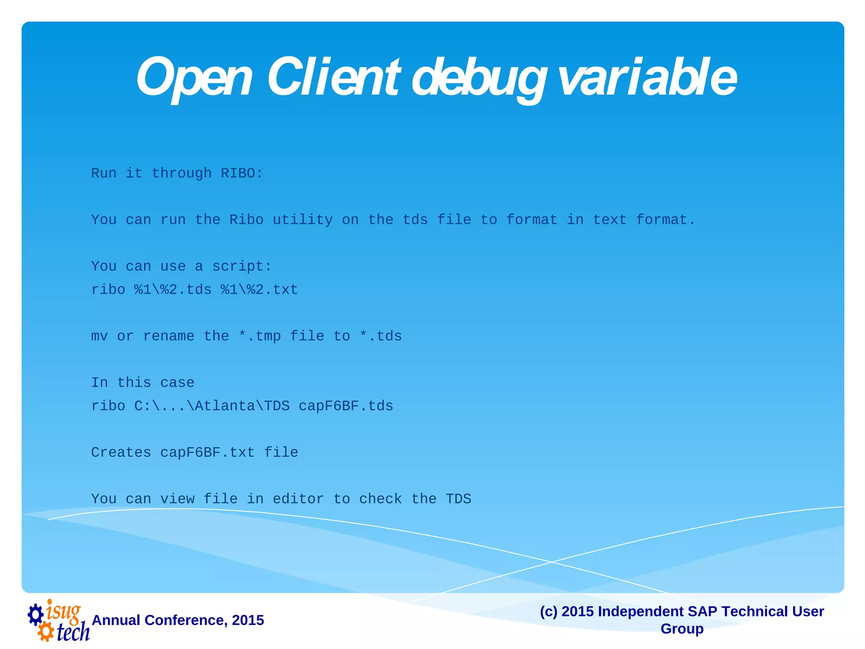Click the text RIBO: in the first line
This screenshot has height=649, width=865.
point(242,173)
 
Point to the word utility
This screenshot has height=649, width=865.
point(302,220)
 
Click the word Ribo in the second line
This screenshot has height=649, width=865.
point(246,220)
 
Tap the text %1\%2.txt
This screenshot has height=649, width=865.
point(259,290)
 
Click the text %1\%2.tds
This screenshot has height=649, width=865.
point(173,290)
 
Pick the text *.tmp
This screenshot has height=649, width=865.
point(259,336)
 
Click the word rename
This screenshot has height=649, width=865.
point(169,336)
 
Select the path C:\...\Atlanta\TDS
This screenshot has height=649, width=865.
point(212,406)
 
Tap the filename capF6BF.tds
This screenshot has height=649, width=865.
point(345,406)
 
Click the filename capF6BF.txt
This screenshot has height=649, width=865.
point(207,453)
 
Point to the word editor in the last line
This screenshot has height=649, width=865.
point(298,499)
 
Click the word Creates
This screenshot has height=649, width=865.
point(121,453)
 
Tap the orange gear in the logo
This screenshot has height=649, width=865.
point(46,632)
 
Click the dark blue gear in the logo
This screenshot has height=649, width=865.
point(36,615)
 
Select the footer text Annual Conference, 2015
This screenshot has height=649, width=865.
point(178,620)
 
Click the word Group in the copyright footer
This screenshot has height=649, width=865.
point(682,629)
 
